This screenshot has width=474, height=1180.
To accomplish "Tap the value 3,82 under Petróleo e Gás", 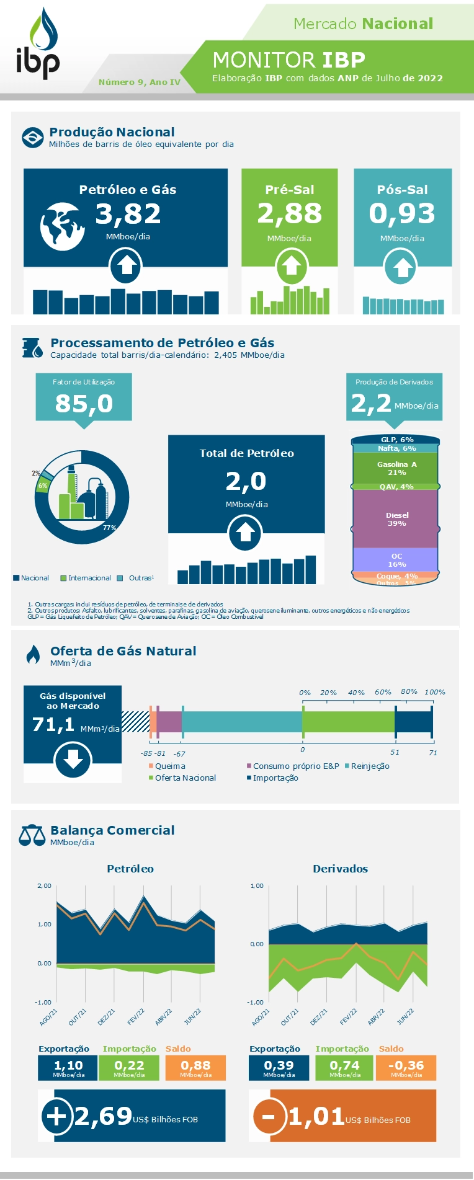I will coord(128,214).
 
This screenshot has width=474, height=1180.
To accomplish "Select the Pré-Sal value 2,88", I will coord(290,213).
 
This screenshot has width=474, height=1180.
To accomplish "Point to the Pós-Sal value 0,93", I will coord(402,213).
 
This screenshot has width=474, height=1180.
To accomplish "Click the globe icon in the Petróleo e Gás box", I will coord(62,226).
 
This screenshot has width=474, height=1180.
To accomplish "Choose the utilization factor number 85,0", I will coord(84,404).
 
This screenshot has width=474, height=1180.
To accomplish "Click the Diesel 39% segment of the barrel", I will coord(396,519).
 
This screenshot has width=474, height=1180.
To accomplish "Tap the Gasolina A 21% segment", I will coord(396,468).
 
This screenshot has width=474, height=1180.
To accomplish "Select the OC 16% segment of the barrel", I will coord(396,560).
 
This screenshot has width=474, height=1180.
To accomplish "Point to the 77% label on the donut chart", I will coord(109,528).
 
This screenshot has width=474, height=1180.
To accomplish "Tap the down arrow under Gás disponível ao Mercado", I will coord(73,760).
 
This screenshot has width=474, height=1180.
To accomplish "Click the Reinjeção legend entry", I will coord(370,766).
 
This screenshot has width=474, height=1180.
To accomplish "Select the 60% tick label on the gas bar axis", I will coord(383,692).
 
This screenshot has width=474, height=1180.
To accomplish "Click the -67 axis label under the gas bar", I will coord(179,753).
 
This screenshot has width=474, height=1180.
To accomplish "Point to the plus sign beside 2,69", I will coord(56,1116).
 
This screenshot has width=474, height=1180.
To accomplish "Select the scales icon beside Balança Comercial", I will coord(32,835).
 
